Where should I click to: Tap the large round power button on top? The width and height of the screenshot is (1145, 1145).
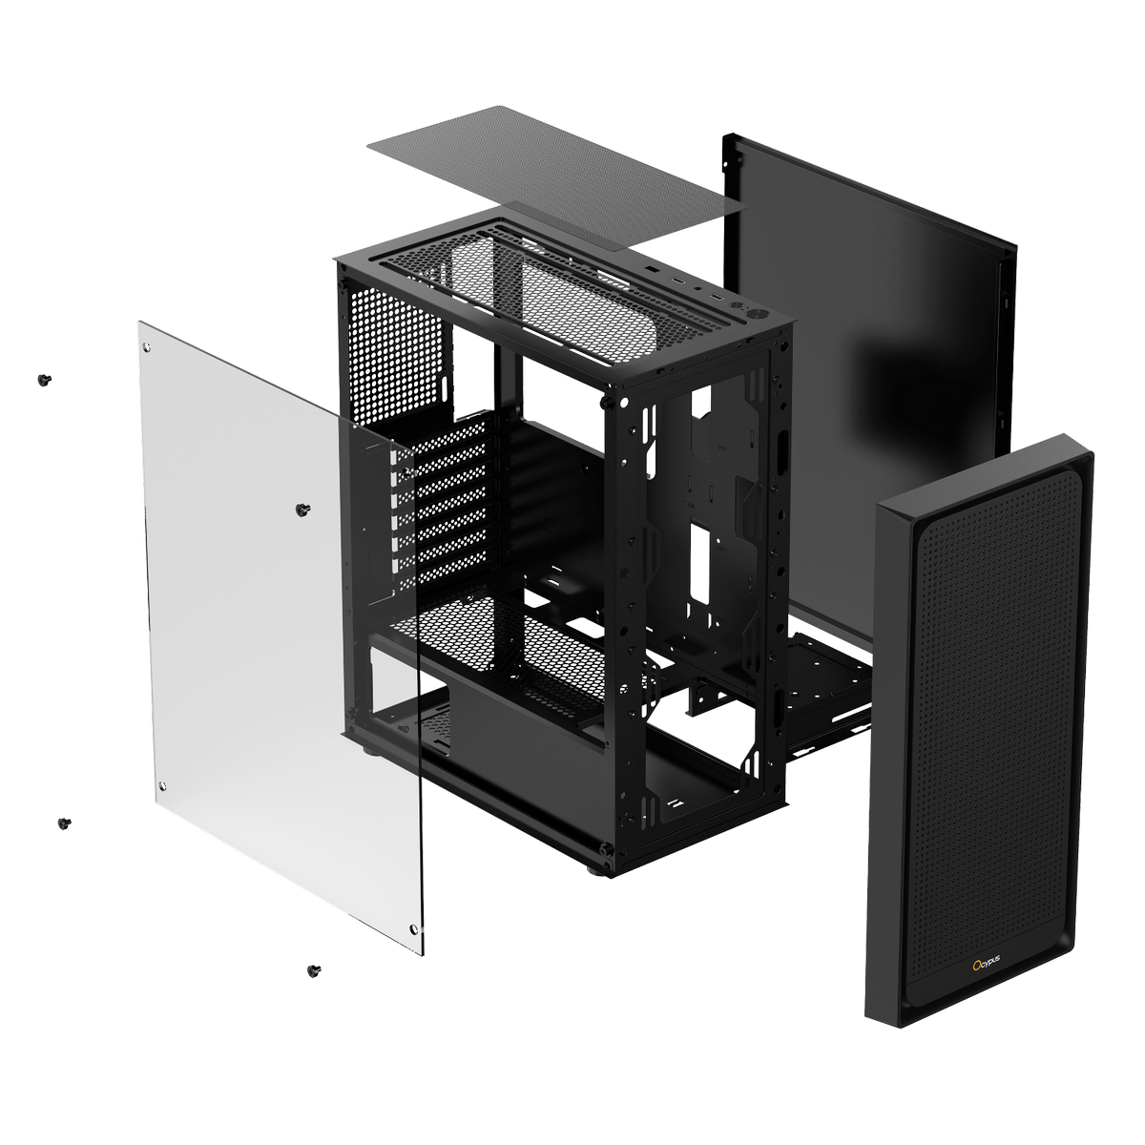[759, 314]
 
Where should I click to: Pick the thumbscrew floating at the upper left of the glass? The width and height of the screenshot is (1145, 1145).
[44, 380]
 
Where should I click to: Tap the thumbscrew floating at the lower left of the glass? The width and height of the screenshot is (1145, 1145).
[64, 822]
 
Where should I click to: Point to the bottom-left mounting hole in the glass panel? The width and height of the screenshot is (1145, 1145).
[163, 784]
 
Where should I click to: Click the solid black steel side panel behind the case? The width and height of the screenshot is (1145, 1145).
[887, 286]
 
